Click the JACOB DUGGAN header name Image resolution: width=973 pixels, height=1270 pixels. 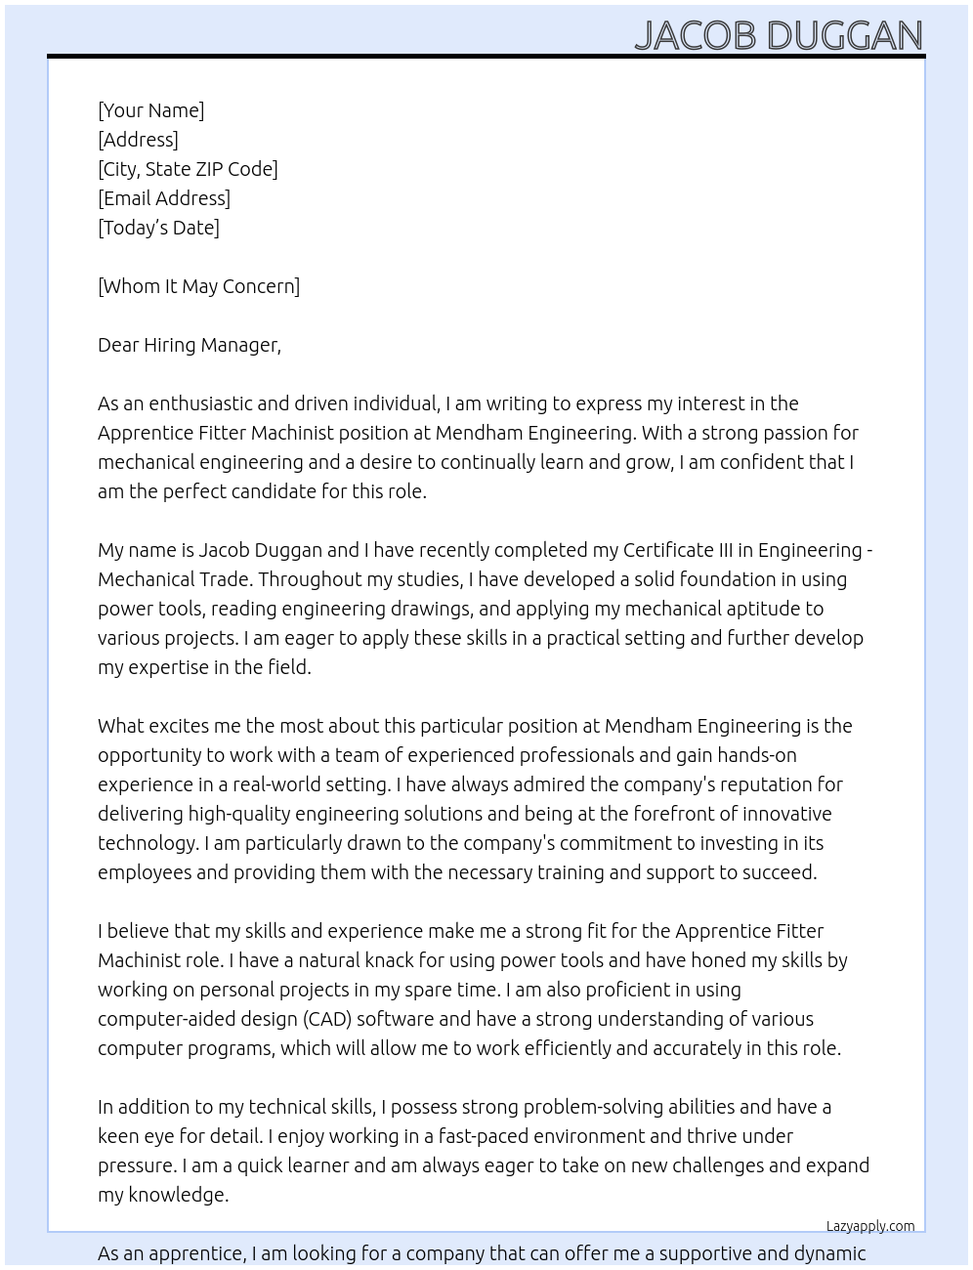point(778,35)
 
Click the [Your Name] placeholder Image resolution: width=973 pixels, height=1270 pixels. point(151,110)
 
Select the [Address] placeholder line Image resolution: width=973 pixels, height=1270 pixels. point(138,140)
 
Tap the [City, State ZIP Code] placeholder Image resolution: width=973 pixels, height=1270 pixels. point(188,169)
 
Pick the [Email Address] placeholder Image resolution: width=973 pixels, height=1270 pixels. point(164,198)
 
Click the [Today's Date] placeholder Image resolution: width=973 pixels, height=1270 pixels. point(158,228)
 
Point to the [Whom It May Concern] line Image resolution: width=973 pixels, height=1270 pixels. point(198,286)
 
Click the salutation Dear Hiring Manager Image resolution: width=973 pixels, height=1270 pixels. point(189,345)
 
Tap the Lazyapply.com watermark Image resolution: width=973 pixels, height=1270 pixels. point(869,1226)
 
